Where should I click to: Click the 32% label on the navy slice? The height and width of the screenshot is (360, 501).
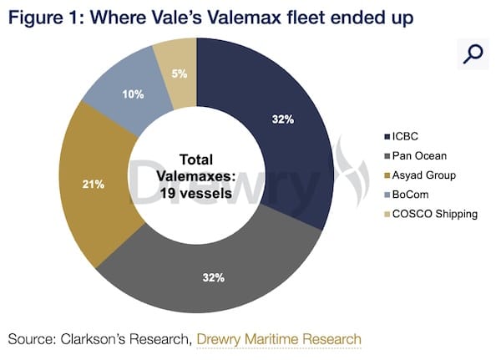click(x=283, y=119)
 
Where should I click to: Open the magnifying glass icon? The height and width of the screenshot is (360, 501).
click(x=472, y=54)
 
